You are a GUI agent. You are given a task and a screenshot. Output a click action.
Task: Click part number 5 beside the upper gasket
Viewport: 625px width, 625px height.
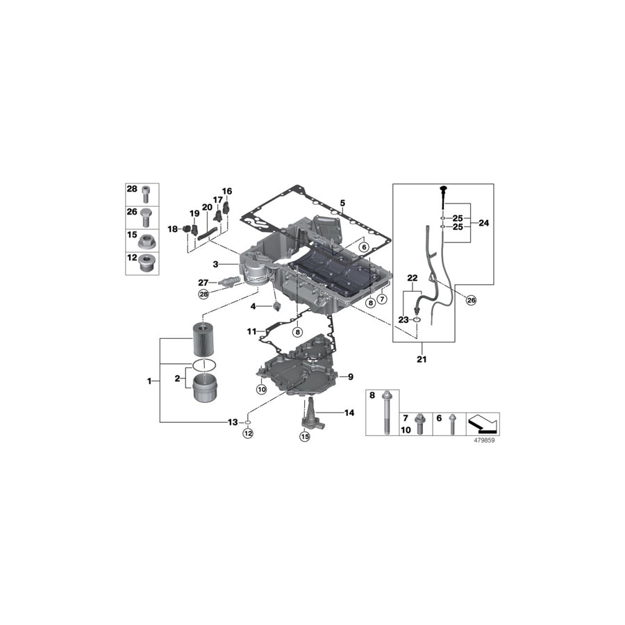coord(342,203)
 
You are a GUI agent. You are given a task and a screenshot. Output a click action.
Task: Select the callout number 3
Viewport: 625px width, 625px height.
coord(216,264)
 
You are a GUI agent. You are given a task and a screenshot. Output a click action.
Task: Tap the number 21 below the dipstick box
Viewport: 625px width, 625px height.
coord(422,360)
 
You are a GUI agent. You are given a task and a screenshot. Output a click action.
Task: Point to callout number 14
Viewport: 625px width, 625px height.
coord(349,412)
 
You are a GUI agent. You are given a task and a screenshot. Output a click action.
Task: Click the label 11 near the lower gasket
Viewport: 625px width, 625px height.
coord(251,332)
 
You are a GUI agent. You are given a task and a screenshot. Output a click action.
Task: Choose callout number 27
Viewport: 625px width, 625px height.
coord(203,282)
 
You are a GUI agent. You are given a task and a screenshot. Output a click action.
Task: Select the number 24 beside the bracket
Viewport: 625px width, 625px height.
coord(483,224)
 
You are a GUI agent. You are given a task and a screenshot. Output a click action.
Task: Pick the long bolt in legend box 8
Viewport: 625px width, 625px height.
coord(383,417)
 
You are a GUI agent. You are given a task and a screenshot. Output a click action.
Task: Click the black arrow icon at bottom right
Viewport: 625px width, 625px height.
coord(484,422)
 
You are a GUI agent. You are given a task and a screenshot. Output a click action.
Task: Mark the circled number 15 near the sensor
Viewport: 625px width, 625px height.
coord(303,436)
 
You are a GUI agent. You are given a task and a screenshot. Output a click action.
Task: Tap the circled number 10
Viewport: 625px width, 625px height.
coord(262,390)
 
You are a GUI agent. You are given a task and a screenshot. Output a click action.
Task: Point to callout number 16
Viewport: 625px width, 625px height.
coord(227,191)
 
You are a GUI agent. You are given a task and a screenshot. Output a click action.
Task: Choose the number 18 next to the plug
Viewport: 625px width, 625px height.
coord(173,228)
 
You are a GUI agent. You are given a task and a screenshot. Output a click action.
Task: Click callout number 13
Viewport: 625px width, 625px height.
coord(233,422)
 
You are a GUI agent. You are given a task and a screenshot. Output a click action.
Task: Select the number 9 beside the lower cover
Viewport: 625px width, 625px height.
coord(351,376)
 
